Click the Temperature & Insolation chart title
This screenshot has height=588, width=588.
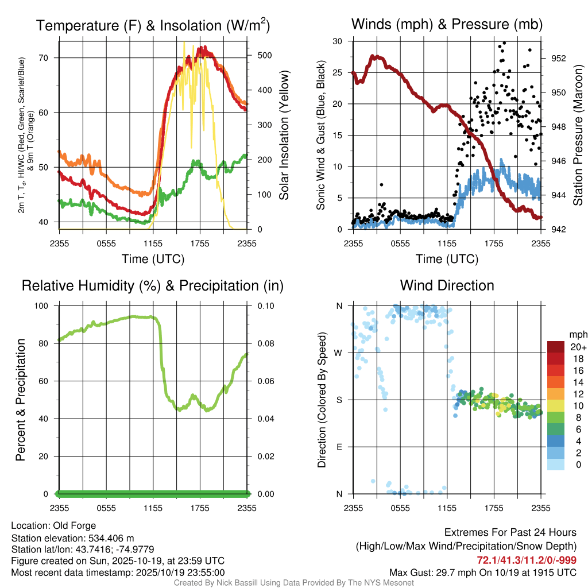click(x=153, y=26)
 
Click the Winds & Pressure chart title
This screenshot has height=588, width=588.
click(x=447, y=24)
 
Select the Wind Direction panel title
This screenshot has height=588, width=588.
click(x=447, y=285)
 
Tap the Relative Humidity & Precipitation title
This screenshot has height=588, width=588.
click(x=153, y=285)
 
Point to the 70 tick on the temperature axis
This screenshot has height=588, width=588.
click(x=50, y=57)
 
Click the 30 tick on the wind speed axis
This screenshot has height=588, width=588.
click(x=338, y=41)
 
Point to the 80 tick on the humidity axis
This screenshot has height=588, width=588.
click(x=45, y=343)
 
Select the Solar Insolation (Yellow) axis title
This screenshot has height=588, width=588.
click(x=284, y=136)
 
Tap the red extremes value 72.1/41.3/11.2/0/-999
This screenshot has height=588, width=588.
click(x=527, y=560)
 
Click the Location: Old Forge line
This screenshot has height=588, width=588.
click(x=53, y=525)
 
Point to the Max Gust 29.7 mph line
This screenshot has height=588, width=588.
click(x=483, y=572)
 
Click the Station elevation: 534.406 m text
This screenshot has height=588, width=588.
click(x=72, y=537)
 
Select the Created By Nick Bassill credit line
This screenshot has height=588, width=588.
click(x=293, y=583)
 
